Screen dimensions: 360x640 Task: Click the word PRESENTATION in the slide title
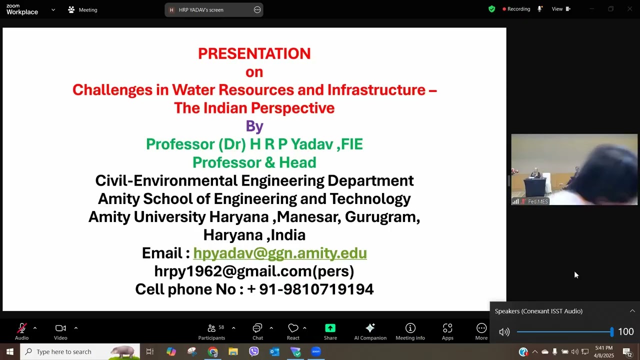(254, 53)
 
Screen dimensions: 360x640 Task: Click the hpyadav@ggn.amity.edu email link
(280, 253)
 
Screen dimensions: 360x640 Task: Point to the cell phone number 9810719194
(316, 289)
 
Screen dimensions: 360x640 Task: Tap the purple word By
(254, 126)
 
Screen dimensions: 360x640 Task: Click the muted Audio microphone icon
(21, 328)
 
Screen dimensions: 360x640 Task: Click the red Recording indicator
(516, 9)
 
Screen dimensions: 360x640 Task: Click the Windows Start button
(9, 352)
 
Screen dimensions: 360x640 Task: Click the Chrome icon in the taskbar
(213, 352)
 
